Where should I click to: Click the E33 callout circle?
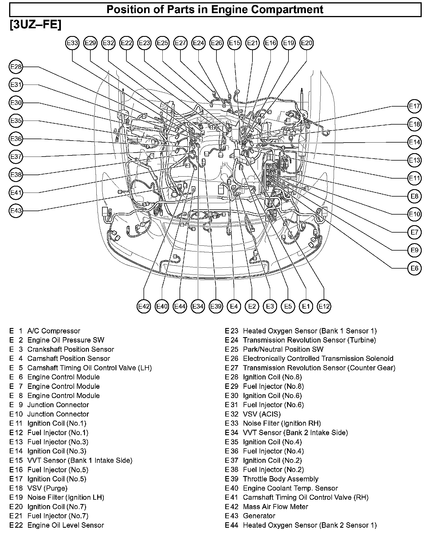point(72,43)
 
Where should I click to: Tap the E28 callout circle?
point(16,67)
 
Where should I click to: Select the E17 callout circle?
point(414,106)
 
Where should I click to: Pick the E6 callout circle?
point(414,268)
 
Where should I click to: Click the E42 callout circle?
point(144,306)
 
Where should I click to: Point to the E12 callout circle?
point(324,306)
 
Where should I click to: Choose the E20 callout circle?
point(306,43)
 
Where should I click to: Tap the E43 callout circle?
point(16,211)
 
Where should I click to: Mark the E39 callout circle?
point(216,306)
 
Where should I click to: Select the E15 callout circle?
point(235,43)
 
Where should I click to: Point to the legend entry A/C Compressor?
point(54,331)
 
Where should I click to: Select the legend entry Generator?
point(259,516)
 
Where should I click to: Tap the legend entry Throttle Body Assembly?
point(280,479)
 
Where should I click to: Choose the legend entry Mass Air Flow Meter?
point(275,507)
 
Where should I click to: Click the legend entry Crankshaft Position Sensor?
point(71,349)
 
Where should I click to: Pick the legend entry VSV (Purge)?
point(47,488)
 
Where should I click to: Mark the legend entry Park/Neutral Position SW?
point(283,349)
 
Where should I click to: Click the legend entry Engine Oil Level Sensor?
point(65,525)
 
